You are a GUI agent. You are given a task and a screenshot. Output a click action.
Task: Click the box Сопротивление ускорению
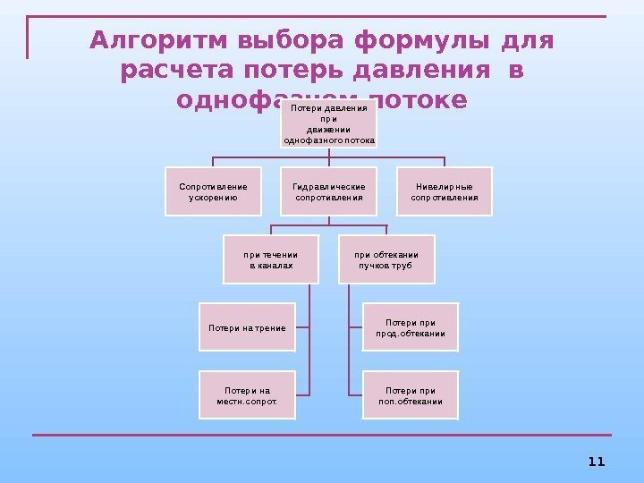tap(213, 191)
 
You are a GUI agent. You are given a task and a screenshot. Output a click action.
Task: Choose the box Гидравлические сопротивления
tap(329, 191)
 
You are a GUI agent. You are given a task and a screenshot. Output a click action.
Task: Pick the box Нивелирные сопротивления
tap(445, 191)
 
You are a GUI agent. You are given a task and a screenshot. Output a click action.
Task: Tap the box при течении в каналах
tap(270, 259)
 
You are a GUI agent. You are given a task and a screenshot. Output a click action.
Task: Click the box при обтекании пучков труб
tap(386, 259)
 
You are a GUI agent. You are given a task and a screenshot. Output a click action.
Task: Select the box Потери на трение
tap(247, 328)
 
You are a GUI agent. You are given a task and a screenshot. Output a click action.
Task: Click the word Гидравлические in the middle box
tap(329, 186)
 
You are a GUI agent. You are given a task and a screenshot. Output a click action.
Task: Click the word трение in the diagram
tap(270, 328)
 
